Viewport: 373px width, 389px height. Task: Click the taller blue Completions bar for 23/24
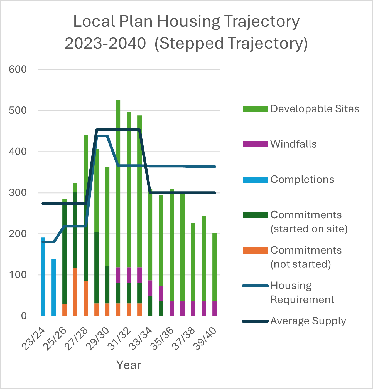[43, 277]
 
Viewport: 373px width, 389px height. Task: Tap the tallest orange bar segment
[75, 292]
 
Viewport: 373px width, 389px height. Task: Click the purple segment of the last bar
[214, 308]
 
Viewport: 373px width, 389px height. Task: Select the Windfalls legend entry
[293, 144]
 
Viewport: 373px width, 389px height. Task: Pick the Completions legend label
[302, 179]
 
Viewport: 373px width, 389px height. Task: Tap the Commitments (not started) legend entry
[306, 257]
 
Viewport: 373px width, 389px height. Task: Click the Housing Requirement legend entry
[302, 292]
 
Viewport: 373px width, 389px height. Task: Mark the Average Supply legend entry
[308, 321]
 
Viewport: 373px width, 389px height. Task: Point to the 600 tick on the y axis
[18, 69]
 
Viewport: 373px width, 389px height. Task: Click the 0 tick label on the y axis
[24, 316]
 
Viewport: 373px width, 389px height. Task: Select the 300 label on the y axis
[18, 193]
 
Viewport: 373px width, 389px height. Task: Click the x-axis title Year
[129, 365]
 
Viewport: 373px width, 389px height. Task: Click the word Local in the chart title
[94, 21]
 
